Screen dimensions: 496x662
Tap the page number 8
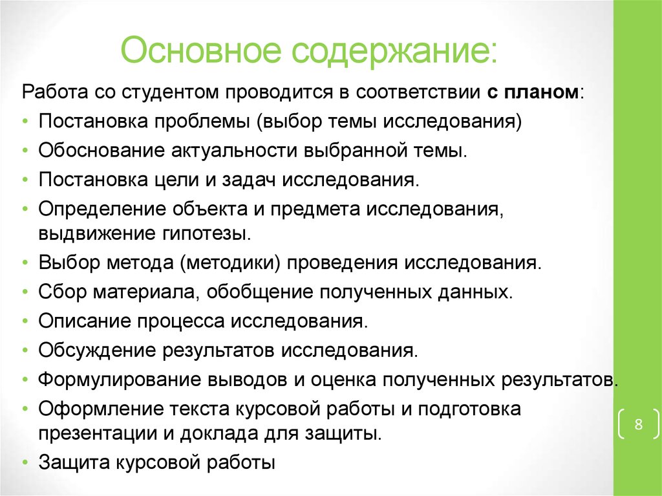(638, 425)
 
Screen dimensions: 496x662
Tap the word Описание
(86, 321)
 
